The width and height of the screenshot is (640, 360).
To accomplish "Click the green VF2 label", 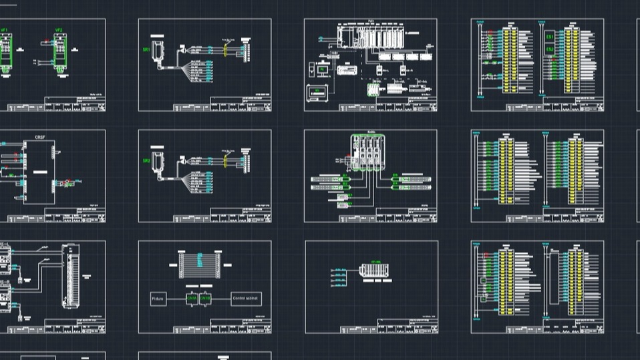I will point(59,31).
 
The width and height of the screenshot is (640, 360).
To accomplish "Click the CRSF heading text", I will point(39,138).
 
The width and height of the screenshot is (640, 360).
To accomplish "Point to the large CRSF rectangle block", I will point(39,172).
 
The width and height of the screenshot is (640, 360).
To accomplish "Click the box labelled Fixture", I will point(158,299).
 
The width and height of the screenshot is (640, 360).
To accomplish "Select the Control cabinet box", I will point(246,299).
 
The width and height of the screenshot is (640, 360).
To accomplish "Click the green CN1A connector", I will point(191,299).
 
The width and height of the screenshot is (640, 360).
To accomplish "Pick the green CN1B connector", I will point(205,299).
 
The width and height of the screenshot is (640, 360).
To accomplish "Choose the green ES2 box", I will point(550,49).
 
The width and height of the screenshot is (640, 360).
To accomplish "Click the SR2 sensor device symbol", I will point(158,162).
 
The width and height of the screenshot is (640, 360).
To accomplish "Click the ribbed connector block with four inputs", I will point(372,271).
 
